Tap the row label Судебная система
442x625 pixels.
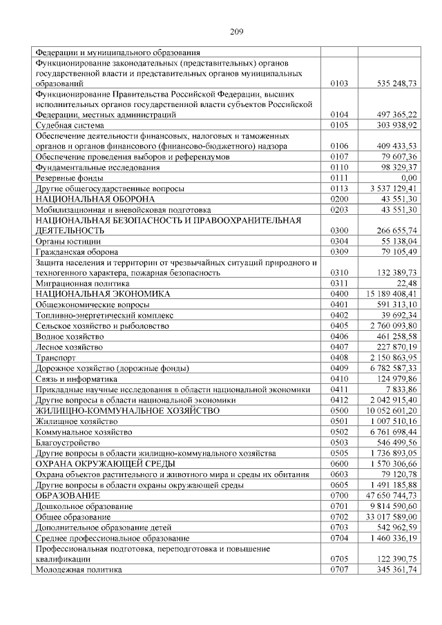(70, 125)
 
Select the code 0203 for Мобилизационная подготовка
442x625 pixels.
(340, 209)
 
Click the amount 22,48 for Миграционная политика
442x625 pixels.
(407, 283)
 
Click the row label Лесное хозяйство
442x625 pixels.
(69, 346)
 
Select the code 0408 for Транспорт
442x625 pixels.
(340, 357)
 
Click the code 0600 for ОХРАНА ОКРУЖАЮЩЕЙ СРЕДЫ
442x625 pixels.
(340, 463)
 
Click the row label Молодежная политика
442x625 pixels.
(79, 570)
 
